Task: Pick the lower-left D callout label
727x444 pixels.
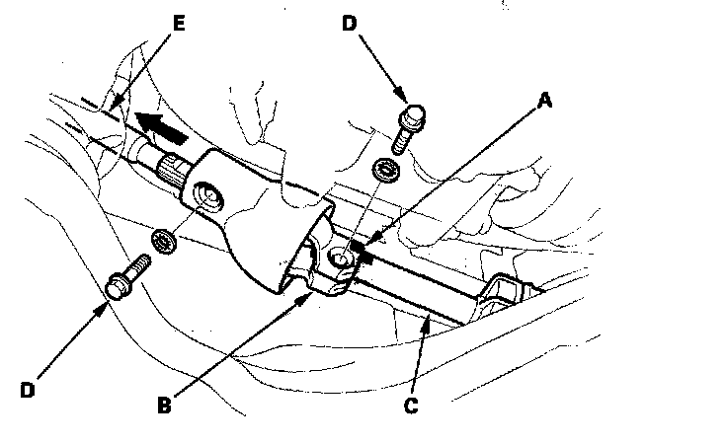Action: coord(27,390)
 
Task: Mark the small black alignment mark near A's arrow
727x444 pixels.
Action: coord(366,256)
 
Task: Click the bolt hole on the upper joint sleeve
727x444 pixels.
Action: coord(209,195)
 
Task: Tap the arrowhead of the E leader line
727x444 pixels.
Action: coord(116,106)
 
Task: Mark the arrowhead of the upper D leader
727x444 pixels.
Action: coord(405,98)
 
